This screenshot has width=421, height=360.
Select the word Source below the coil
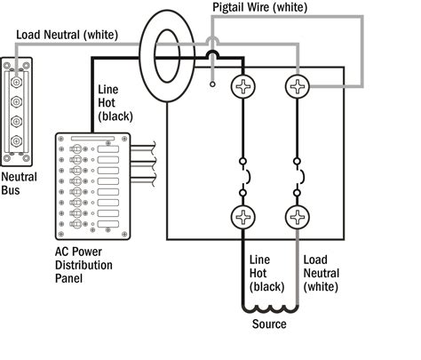coord(268,324)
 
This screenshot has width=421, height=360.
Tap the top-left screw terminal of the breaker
coord(242,87)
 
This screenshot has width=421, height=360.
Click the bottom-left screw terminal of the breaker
coord(242,218)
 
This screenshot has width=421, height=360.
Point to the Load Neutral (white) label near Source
coord(321,272)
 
